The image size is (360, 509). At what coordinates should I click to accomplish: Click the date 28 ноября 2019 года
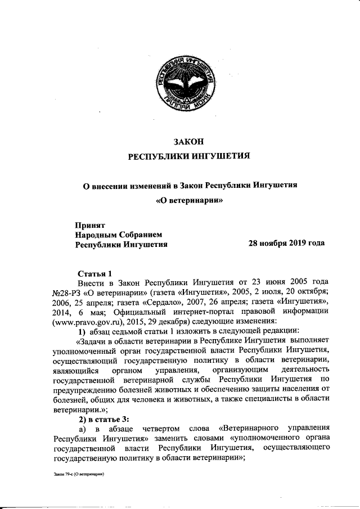286,244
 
